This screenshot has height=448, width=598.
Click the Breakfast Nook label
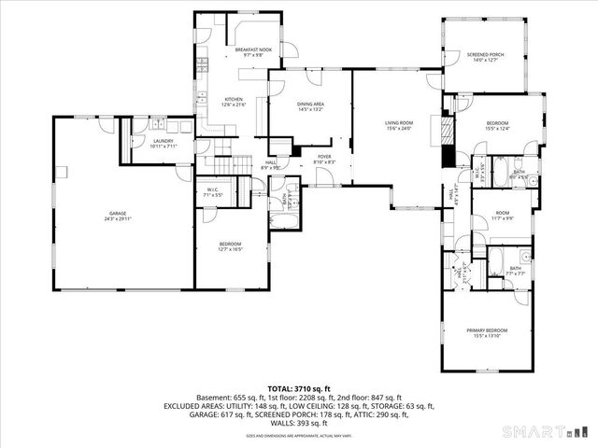coord(252,49)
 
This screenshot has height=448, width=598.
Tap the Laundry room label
coord(164,142)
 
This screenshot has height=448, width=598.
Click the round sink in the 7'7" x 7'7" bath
coord(525,255)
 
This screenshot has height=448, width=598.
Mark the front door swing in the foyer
coord(321,175)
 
